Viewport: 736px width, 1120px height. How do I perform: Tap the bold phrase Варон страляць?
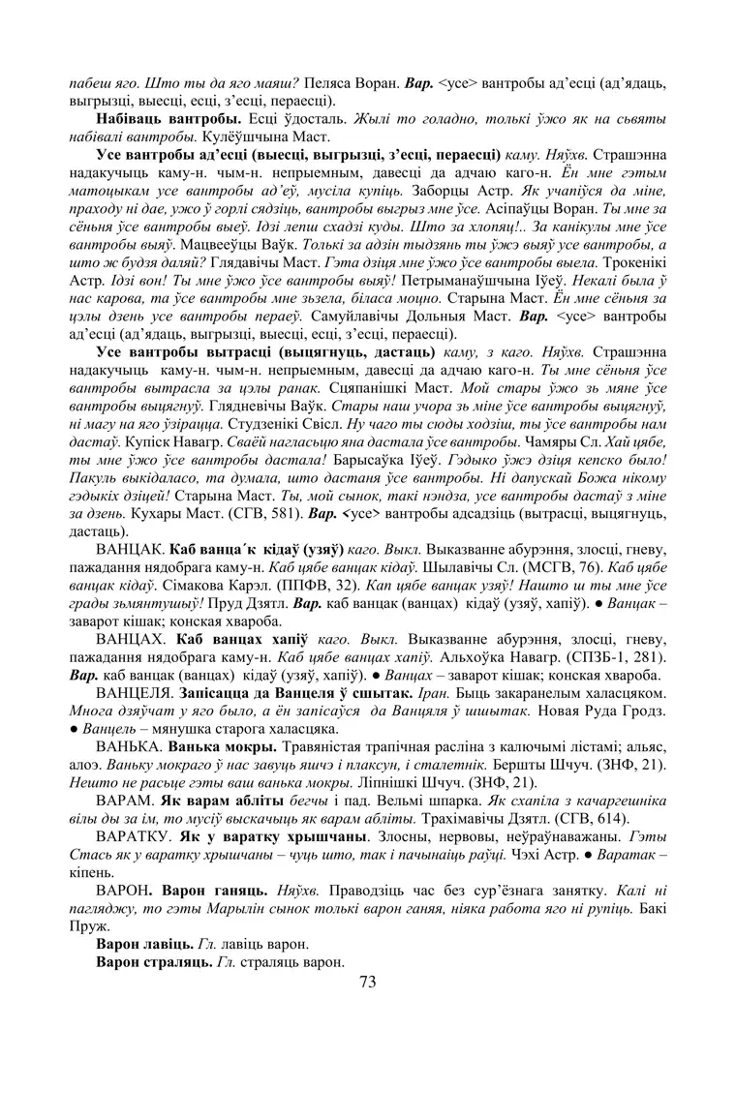tap(153, 962)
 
